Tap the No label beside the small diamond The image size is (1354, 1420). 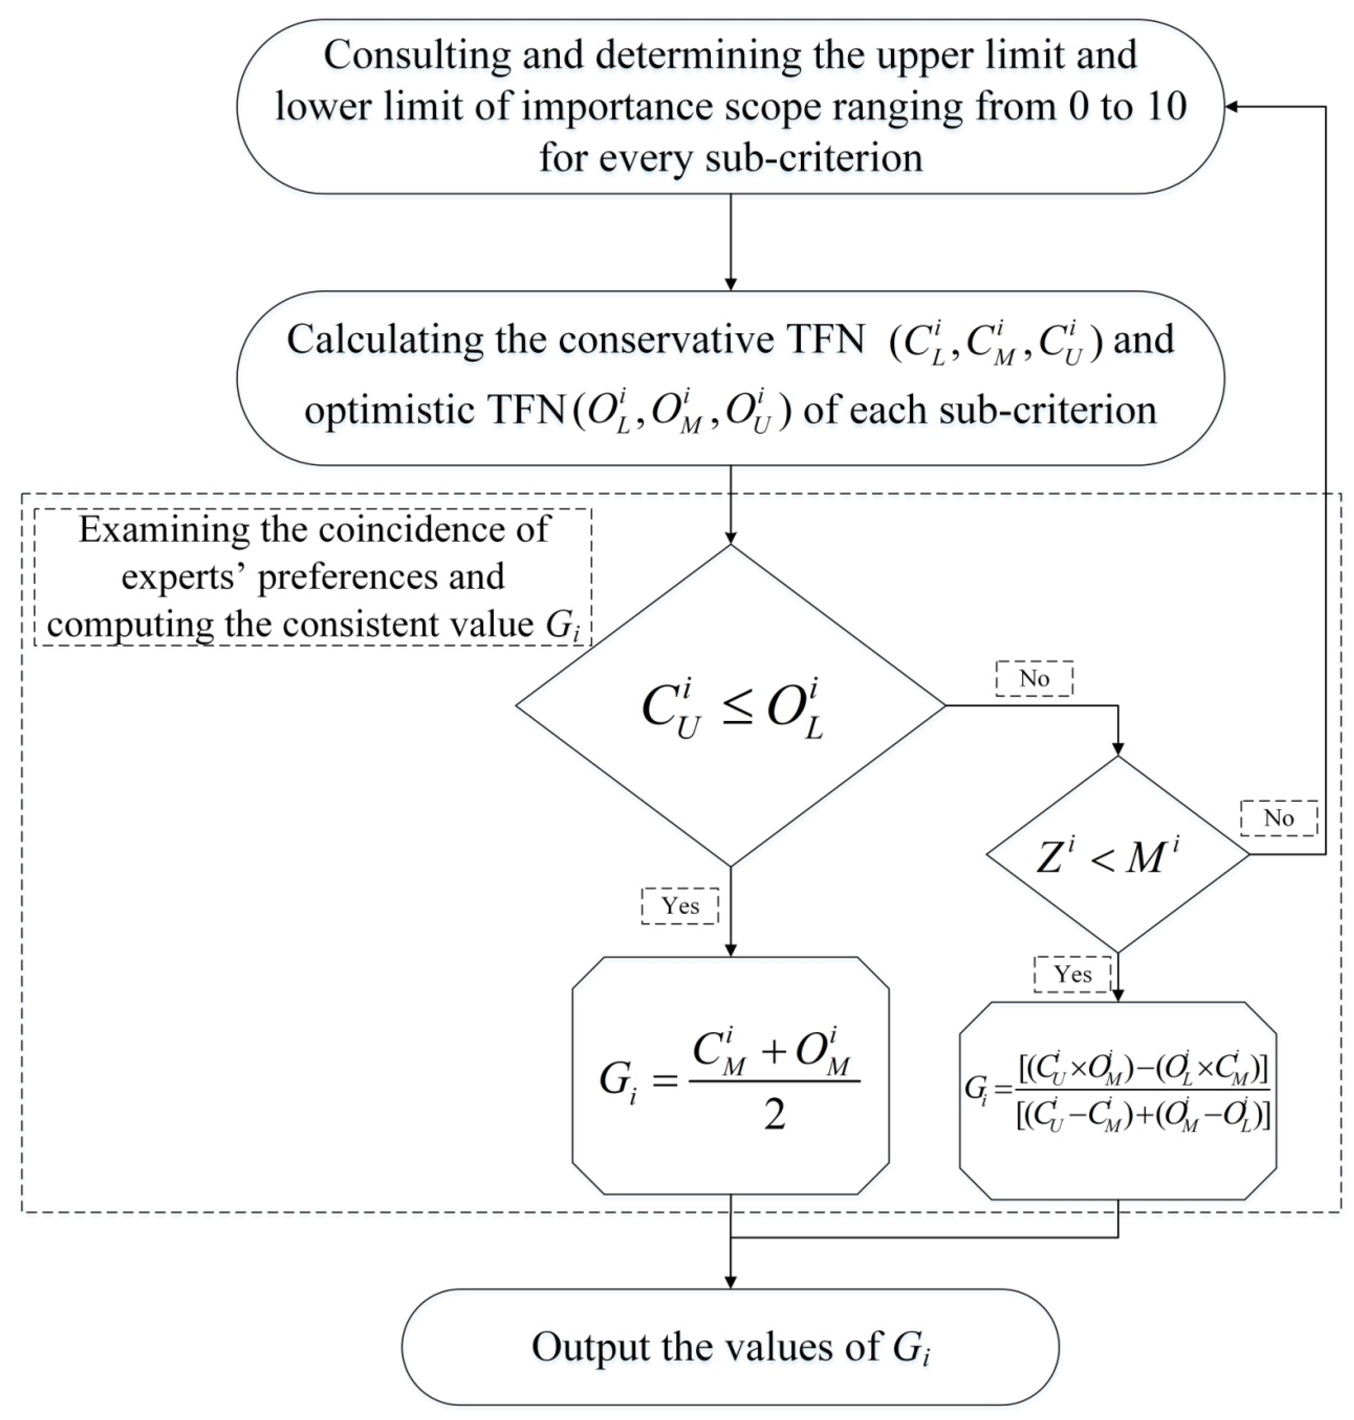pos(1278,818)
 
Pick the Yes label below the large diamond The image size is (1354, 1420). pos(680,906)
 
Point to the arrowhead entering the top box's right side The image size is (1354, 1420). pos(1231,107)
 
